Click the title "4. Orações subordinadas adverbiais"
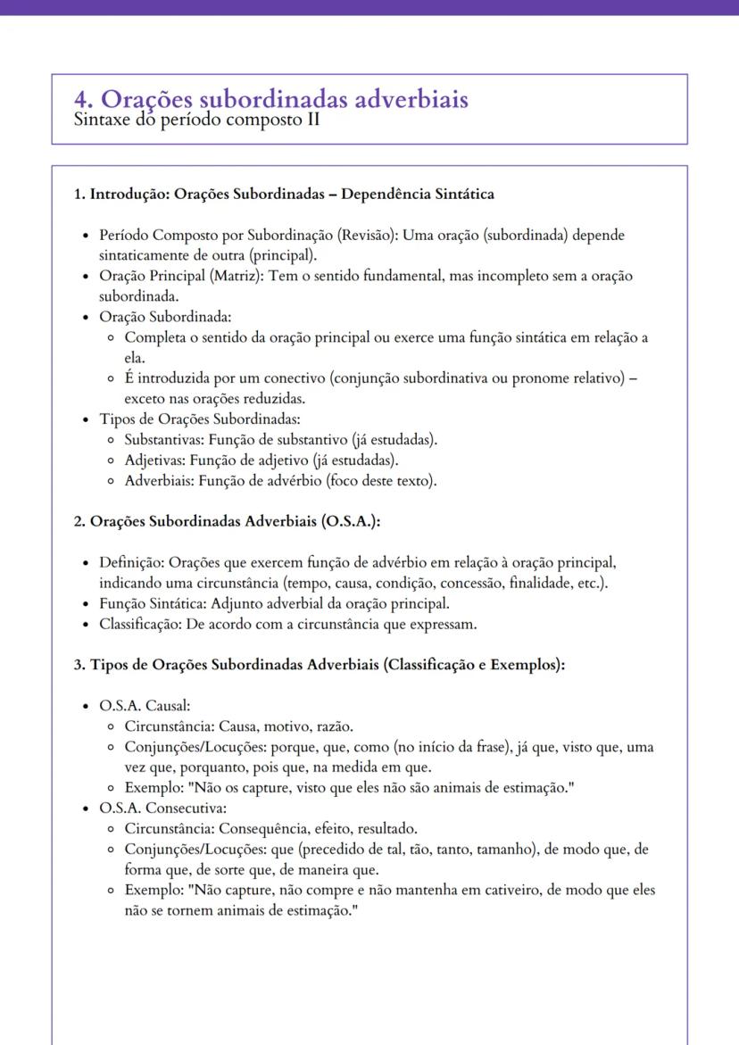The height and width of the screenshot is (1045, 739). [x=272, y=100]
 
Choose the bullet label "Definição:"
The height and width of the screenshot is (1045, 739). [x=132, y=563]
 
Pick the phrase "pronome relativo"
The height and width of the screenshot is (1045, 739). [x=567, y=377]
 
